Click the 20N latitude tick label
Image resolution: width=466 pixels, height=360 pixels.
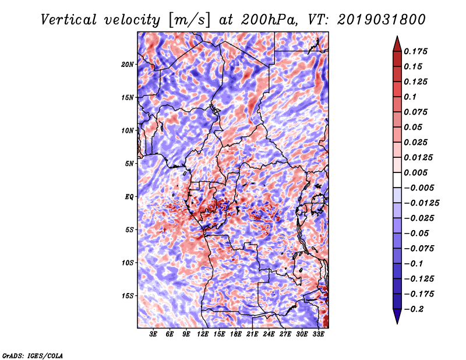(128, 64)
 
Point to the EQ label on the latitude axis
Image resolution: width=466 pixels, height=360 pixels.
(129, 196)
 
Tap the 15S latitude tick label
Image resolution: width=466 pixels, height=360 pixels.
(128, 295)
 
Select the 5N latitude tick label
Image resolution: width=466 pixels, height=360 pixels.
(129, 163)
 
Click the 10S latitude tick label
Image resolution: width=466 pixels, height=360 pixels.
(128, 262)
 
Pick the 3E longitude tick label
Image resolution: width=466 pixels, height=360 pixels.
(154, 335)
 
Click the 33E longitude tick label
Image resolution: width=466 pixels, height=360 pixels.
(318, 335)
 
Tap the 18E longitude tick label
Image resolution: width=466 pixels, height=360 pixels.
(236, 335)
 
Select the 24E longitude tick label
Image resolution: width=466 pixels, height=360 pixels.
(269, 335)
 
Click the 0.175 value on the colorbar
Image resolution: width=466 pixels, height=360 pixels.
(416, 51)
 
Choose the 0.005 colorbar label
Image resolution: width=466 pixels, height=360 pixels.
(416, 172)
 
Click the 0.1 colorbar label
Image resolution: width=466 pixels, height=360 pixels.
(410, 97)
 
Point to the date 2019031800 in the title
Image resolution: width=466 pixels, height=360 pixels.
(368, 19)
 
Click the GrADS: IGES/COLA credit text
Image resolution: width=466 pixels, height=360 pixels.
(32, 355)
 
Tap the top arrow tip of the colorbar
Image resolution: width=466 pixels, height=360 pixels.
(396, 38)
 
